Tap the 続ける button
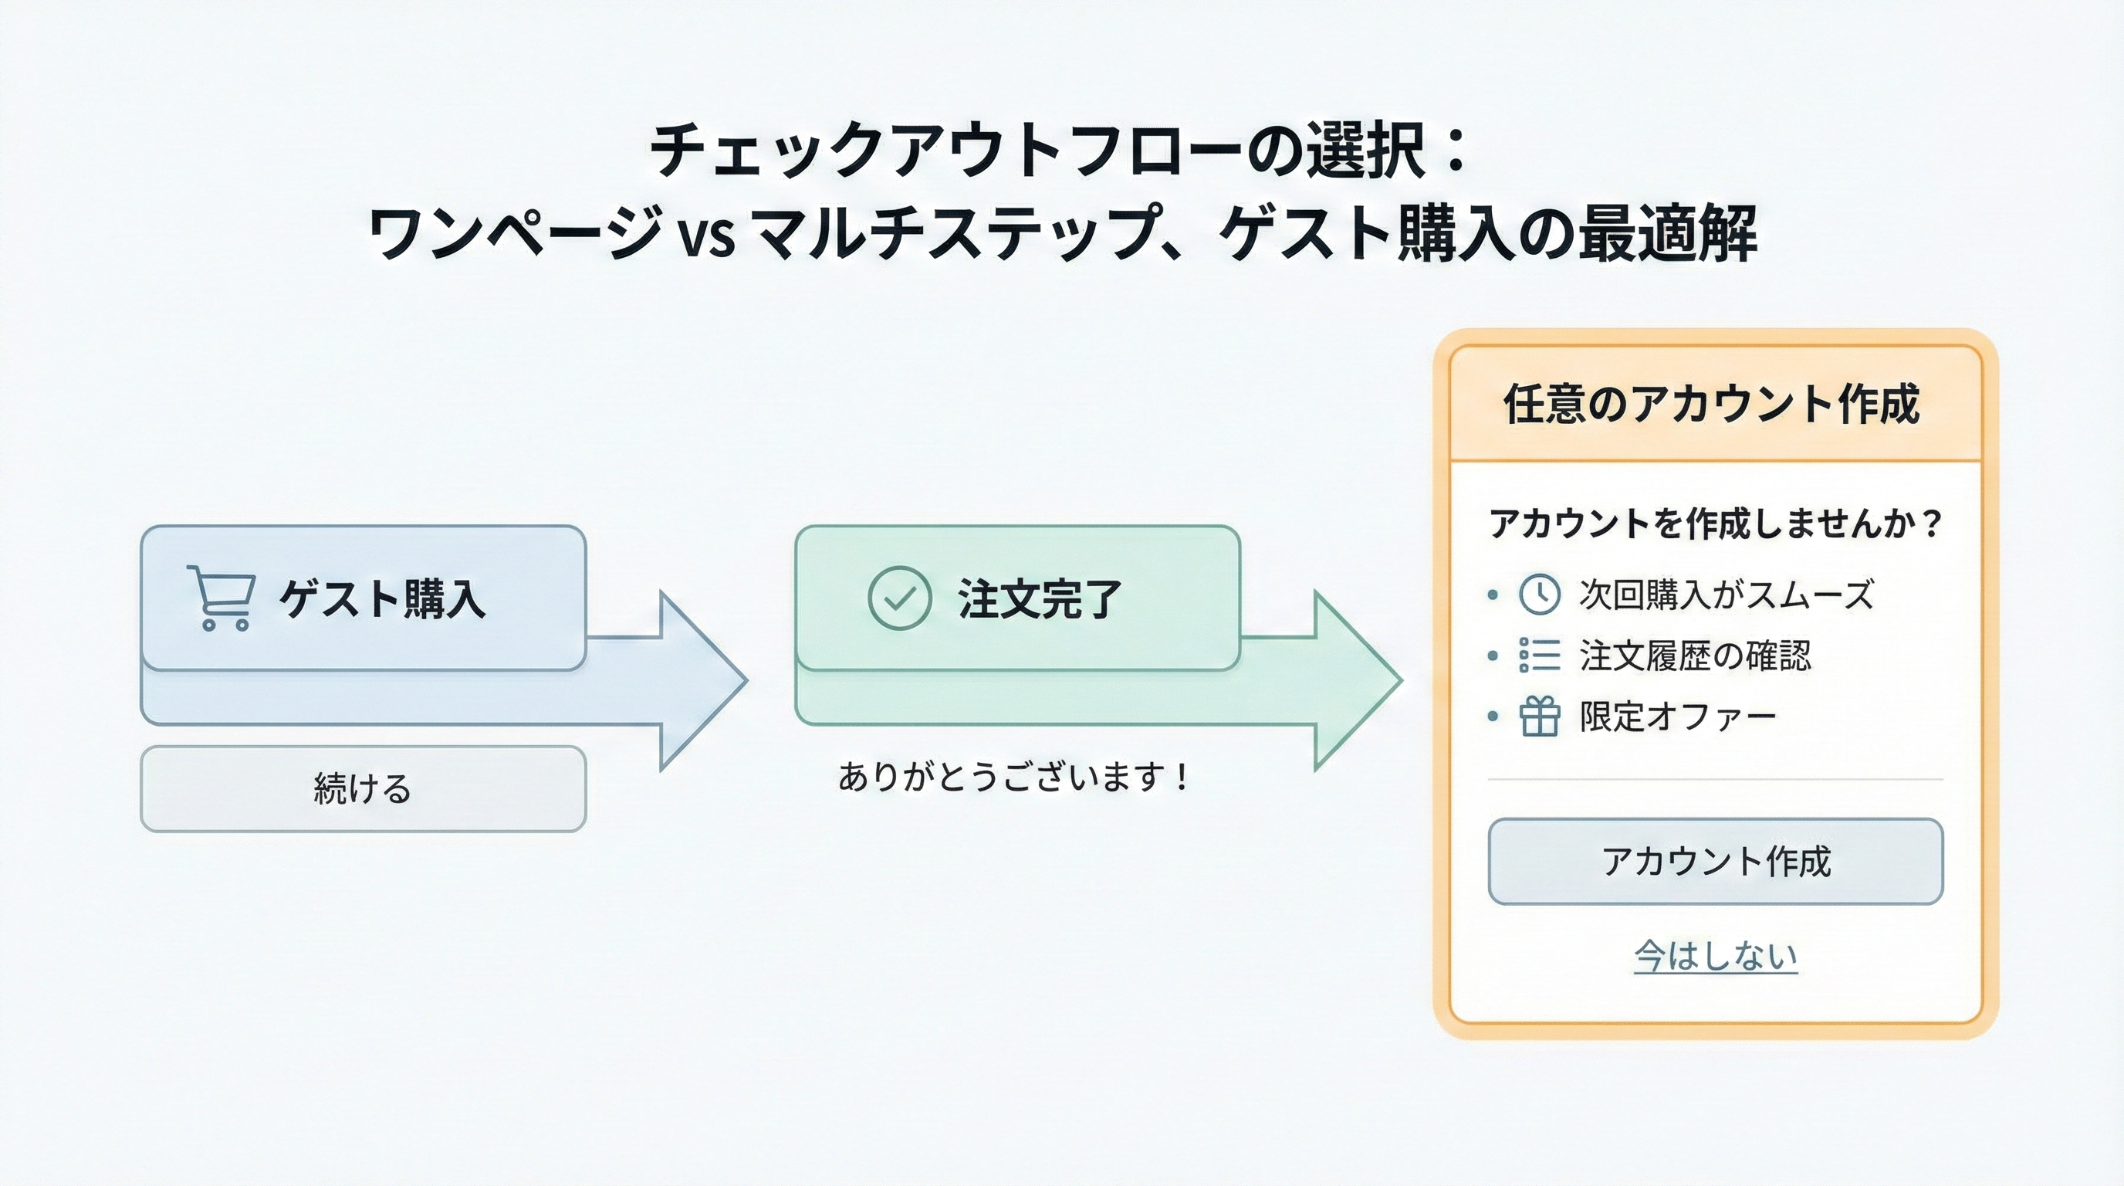tap(363, 788)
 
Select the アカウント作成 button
tap(1715, 862)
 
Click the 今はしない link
tap(1715, 956)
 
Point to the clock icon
tap(1538, 594)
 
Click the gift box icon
tap(1538, 716)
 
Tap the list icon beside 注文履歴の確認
tap(1538, 656)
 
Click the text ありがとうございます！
tap(1013, 777)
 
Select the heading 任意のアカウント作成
tap(1713, 404)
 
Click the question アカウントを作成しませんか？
tap(1715, 523)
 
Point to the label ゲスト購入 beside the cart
tap(382, 598)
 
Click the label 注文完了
tap(1039, 598)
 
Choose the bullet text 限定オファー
tap(1677, 716)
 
